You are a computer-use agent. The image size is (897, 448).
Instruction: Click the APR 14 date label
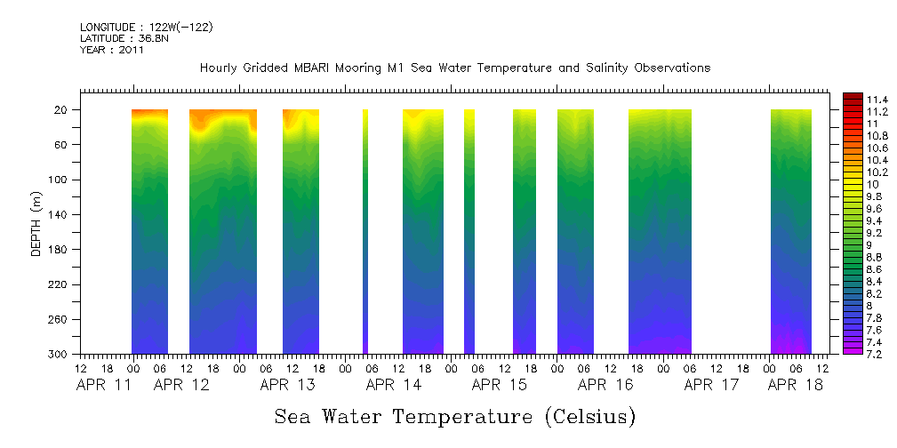click(393, 385)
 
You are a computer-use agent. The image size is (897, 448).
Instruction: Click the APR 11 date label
click(103, 385)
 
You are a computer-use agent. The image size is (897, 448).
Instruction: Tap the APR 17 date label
click(711, 385)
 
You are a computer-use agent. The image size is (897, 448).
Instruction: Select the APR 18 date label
click(795, 385)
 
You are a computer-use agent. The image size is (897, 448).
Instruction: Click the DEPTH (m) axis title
click(36, 226)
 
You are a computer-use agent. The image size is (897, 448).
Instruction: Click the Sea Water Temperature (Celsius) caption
click(454, 416)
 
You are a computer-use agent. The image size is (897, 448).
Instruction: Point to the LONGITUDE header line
click(146, 28)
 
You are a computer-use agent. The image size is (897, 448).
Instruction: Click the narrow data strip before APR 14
click(365, 231)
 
